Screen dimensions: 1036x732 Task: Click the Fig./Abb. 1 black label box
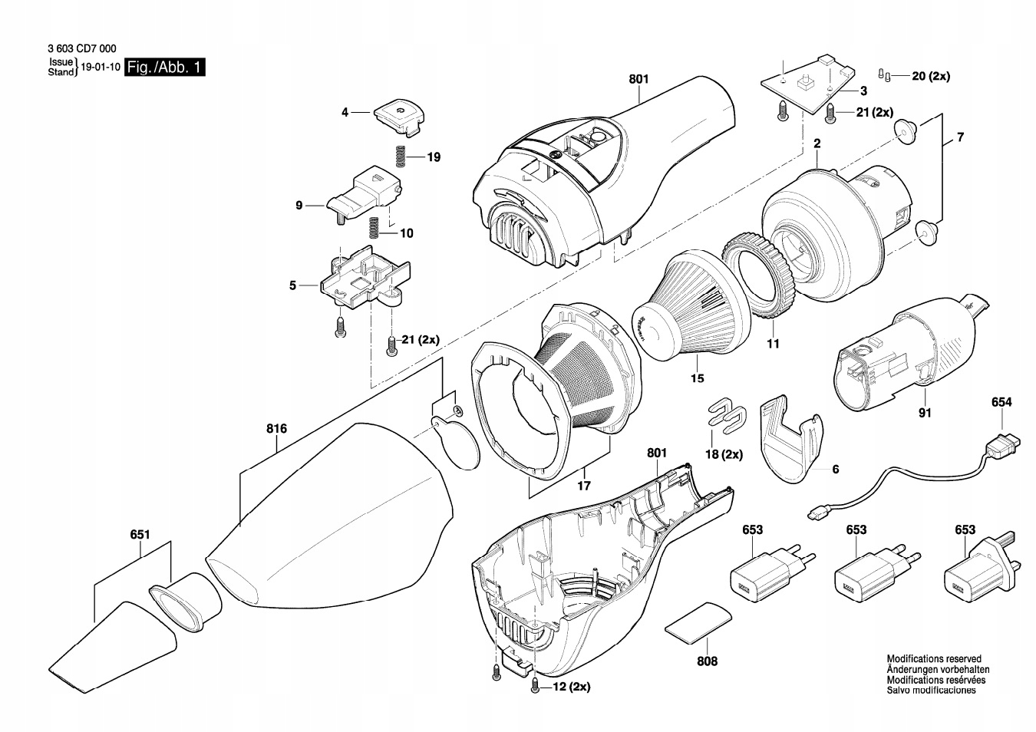(x=165, y=68)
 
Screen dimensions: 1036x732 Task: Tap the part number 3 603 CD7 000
(x=82, y=48)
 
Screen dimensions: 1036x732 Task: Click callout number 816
(x=276, y=429)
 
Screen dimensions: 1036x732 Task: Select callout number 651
(x=140, y=535)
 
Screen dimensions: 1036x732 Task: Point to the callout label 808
(x=707, y=661)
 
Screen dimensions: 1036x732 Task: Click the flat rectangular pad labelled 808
(x=699, y=622)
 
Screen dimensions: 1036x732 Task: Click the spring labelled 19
(x=401, y=157)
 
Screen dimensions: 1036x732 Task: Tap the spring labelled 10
(x=374, y=228)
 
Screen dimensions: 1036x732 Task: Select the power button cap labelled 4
(x=400, y=117)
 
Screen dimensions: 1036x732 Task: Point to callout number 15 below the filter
(x=697, y=378)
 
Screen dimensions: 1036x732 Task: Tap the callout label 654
(x=1001, y=402)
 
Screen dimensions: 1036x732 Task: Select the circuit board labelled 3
(x=808, y=84)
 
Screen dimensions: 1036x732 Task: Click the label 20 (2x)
(x=931, y=76)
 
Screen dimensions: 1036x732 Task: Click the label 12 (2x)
(x=572, y=687)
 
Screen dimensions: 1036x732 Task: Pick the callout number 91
(x=925, y=413)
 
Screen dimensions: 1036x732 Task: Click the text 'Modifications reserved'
(x=934, y=659)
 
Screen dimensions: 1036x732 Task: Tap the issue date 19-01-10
(x=101, y=67)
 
